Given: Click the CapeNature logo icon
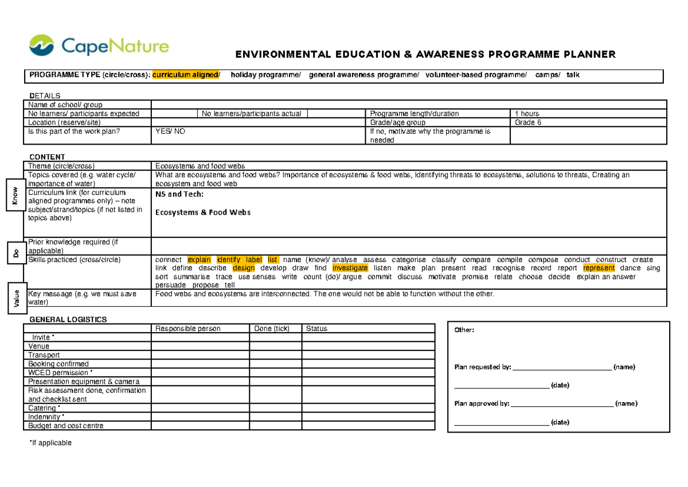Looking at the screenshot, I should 41,46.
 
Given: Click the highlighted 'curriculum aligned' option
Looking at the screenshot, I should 185,75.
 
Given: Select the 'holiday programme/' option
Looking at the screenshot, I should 265,75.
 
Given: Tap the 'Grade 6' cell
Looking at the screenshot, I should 527,122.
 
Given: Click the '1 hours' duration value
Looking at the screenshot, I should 527,114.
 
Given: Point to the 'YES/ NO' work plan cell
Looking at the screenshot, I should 170,131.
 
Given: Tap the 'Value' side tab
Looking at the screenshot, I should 17,298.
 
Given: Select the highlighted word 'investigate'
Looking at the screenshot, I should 350,268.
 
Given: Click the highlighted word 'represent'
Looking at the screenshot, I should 599,268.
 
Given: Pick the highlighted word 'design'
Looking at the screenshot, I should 244,268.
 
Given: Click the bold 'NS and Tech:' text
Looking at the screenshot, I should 179,194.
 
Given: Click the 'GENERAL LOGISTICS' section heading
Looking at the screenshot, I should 68,320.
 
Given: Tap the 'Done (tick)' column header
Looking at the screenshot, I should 272,329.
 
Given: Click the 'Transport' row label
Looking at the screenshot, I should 44,355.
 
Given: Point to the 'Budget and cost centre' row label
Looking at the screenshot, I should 66,426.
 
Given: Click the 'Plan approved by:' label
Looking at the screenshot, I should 481,404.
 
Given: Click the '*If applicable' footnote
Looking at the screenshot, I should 50,443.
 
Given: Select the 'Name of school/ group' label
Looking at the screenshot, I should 65,104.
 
